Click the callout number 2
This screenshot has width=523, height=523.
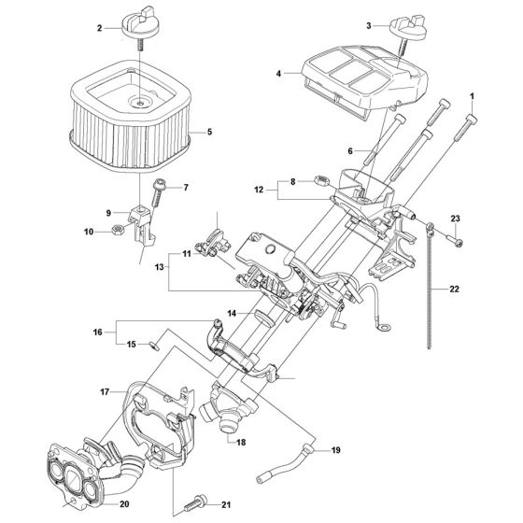(99, 28)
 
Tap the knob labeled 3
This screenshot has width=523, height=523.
(408, 31)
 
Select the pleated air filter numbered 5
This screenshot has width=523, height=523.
(131, 117)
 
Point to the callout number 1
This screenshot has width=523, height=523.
(472, 96)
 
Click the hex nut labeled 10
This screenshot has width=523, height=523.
(118, 230)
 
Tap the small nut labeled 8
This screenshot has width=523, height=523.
(322, 181)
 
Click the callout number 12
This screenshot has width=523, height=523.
(259, 190)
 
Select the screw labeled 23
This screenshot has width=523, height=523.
(456, 240)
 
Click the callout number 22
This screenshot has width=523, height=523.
(454, 289)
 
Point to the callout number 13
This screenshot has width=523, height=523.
(160, 267)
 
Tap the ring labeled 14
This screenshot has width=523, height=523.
(264, 318)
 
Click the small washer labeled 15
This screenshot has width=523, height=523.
(154, 346)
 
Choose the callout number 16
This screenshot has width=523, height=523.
(98, 332)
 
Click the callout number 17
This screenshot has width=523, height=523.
(105, 391)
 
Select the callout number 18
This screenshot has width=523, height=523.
(241, 443)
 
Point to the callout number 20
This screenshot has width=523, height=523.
(124, 504)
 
